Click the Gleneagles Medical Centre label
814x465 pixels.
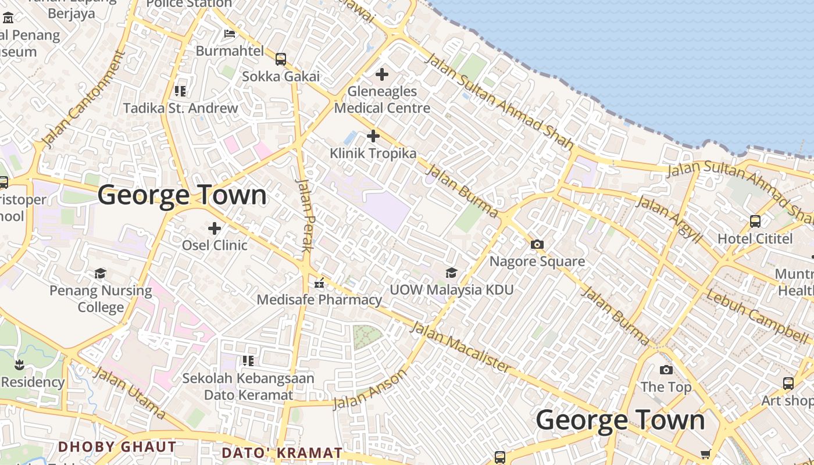382,99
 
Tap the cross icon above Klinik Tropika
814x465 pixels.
373,136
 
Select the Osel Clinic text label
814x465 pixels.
215,245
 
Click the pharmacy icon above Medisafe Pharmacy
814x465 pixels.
319,284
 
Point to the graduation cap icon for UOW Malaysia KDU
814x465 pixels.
451,273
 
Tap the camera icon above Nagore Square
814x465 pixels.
537,244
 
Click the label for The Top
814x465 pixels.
666,387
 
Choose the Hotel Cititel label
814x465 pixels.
755,238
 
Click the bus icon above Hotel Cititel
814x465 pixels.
755,221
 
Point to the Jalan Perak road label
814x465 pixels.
305,214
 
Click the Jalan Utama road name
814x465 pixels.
129,392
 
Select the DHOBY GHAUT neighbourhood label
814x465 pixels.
117,446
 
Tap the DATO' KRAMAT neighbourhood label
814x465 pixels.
282,452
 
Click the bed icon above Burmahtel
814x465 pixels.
230,33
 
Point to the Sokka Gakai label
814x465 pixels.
281,76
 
